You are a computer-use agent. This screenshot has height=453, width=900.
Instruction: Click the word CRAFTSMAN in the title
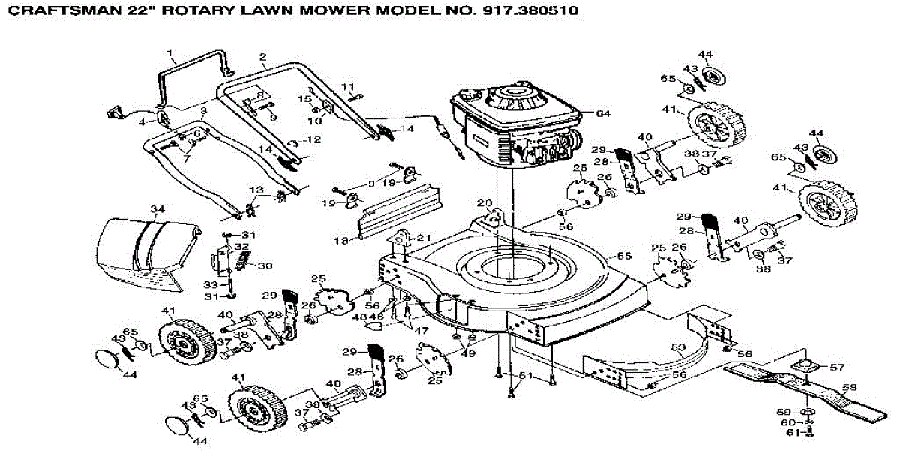52,12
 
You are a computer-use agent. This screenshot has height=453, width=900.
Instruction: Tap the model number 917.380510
517,12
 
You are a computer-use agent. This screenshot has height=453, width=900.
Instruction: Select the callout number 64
603,113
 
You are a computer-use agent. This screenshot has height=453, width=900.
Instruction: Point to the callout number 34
157,208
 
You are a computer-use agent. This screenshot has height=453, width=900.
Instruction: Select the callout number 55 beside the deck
621,256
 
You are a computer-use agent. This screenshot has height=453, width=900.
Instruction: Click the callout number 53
679,346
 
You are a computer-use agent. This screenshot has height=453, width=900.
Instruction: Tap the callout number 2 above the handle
263,57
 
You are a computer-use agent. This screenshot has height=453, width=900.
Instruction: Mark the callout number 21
424,237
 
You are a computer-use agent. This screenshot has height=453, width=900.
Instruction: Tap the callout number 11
348,85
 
